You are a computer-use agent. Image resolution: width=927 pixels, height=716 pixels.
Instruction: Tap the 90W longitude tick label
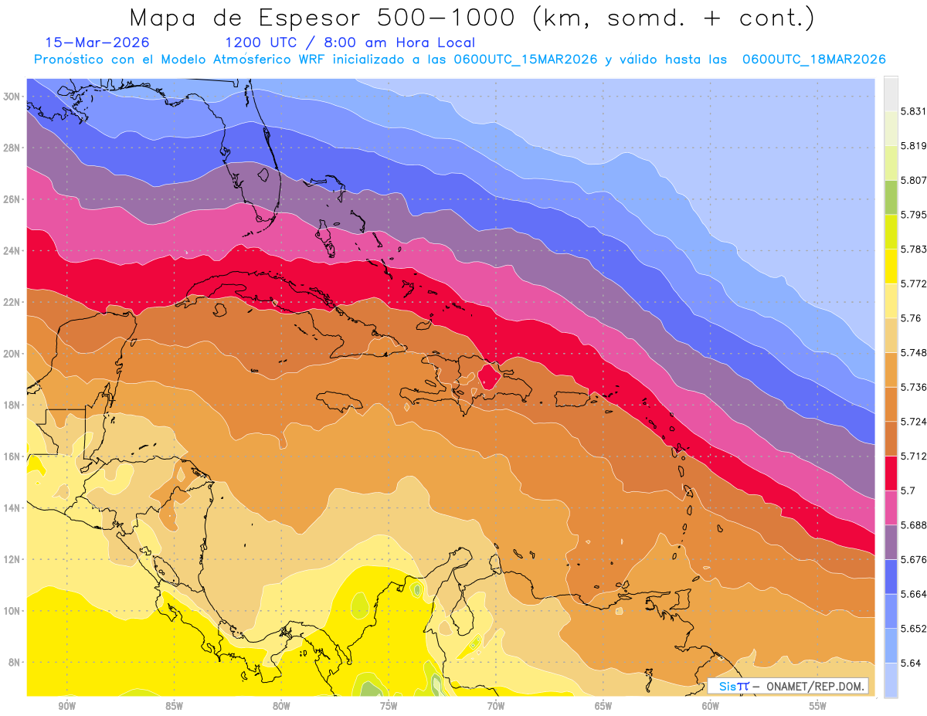pyautogui.click(x=67, y=706)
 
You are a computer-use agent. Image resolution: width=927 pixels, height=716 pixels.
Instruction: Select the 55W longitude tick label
pyautogui.click(x=818, y=706)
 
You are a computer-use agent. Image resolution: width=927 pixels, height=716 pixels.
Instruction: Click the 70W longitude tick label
pyautogui.click(x=496, y=706)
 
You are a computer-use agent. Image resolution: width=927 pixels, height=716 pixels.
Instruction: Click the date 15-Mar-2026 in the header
pyautogui.click(x=97, y=42)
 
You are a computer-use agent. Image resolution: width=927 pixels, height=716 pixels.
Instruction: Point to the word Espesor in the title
pyautogui.click(x=304, y=18)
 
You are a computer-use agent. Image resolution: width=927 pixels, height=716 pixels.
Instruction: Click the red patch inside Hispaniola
pyautogui.click(x=489, y=377)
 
